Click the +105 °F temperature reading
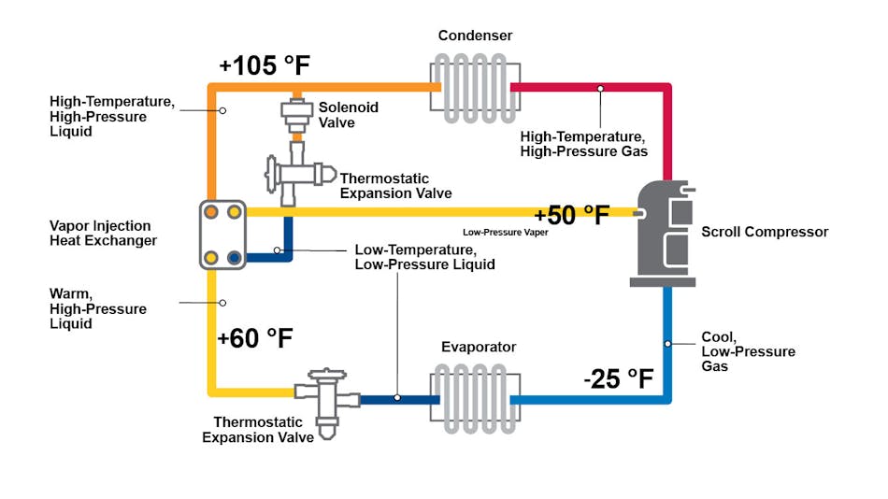click(x=264, y=66)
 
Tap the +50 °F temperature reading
click(x=572, y=215)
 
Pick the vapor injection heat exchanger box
click(x=222, y=235)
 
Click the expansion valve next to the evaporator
click(x=326, y=402)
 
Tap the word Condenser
click(x=476, y=36)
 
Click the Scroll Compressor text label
click(x=765, y=232)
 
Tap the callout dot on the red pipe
click(x=600, y=89)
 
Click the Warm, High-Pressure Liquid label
click(x=97, y=308)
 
